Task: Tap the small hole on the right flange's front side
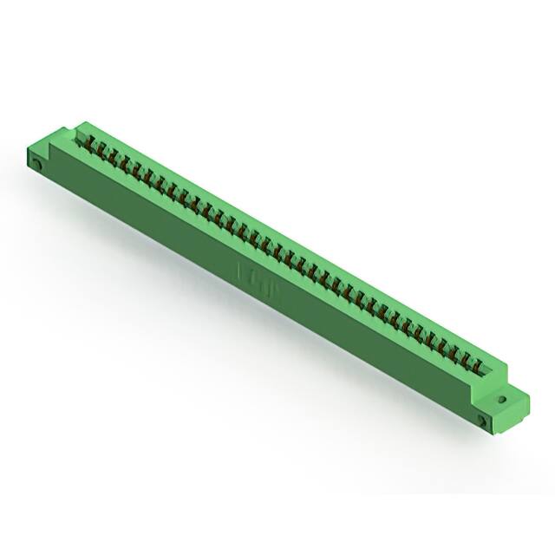(x=482, y=421)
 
